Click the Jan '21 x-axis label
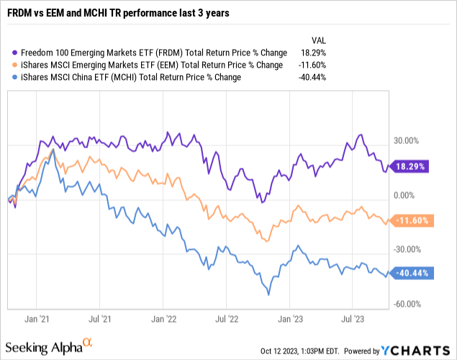click(37, 316)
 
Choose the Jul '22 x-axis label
click(226, 316)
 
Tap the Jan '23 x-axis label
click(289, 316)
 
